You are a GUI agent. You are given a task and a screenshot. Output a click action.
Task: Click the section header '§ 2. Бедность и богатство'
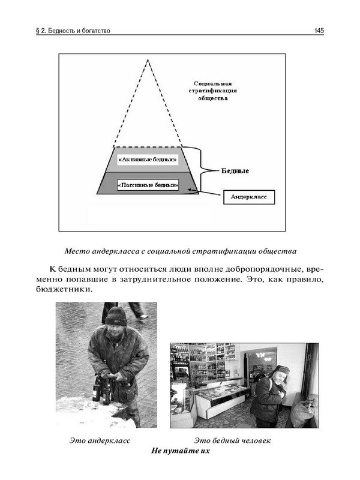point(73,29)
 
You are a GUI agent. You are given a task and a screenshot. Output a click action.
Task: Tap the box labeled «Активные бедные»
point(147,160)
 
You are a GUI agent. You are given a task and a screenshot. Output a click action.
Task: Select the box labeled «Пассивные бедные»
point(147,186)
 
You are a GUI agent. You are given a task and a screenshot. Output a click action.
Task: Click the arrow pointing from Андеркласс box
point(205,193)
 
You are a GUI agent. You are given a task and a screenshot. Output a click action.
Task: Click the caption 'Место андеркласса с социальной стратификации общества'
point(181,250)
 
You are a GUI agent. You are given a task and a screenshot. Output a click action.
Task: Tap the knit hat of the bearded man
point(116,314)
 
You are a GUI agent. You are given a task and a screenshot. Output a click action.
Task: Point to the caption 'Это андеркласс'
point(97,441)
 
